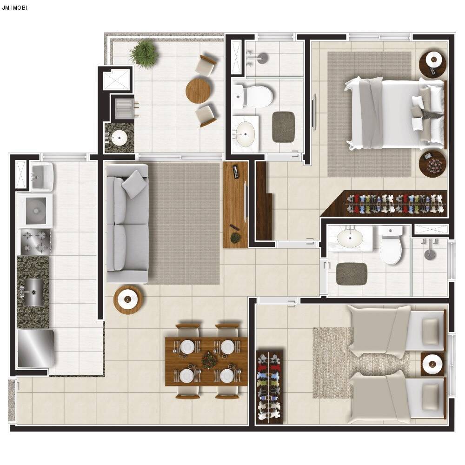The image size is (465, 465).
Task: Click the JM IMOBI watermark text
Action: tap(14, 8)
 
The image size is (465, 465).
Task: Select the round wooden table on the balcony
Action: tap(198, 90)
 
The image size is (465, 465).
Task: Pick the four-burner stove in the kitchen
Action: tap(35, 242)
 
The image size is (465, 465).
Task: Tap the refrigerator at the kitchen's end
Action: tap(36, 348)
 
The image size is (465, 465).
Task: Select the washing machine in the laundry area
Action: tap(35, 211)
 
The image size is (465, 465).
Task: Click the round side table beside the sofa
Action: tap(128, 299)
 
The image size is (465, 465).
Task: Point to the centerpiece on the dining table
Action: tap(210, 360)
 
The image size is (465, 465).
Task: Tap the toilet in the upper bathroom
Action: tap(252, 96)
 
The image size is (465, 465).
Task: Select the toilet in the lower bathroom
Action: tap(391, 245)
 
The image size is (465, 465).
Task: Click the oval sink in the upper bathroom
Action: tap(245, 134)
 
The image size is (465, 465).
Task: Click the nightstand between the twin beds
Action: tap(432, 364)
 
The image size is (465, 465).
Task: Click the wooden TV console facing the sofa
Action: tap(235, 205)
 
